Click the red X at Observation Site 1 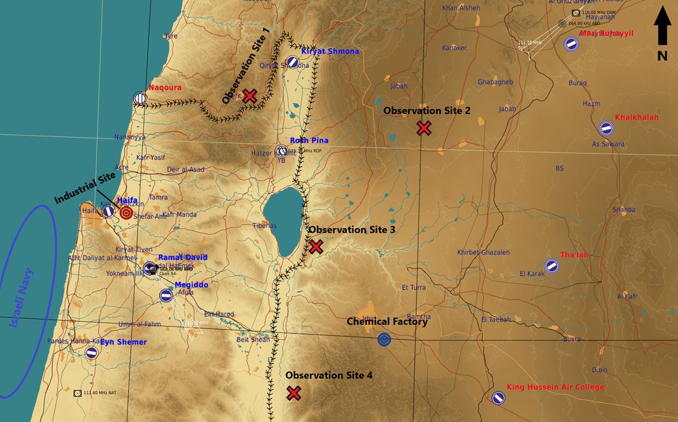[250, 96]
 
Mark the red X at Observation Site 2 [424, 128]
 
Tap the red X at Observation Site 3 [316, 247]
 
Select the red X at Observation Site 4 [294, 393]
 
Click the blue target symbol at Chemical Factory [384, 339]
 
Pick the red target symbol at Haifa [126, 213]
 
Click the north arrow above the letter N [662, 26]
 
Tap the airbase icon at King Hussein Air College [498, 398]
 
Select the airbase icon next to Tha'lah [552, 266]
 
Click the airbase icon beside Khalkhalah [605, 128]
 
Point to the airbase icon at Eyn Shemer [92, 353]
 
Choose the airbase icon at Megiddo [166, 295]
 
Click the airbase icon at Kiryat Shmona [292, 62]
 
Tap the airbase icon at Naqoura [140, 98]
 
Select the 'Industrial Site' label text [85, 188]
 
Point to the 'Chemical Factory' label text [387, 322]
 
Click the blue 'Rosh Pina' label [309, 140]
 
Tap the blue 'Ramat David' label [183, 258]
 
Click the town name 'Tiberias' [265, 225]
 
